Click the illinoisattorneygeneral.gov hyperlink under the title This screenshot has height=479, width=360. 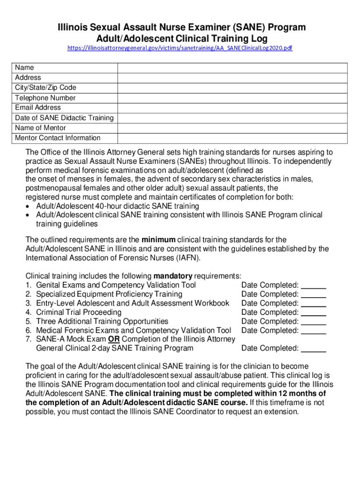[180, 48]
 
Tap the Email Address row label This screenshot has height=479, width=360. [38, 108]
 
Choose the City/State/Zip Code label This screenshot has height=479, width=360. [45, 87]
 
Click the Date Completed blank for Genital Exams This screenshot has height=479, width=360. [314, 285]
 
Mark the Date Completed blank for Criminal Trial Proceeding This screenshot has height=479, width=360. [314, 312]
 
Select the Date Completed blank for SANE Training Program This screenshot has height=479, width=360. [314, 348]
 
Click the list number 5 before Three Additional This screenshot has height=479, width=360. [29, 321]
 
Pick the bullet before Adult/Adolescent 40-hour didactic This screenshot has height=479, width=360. [29, 206]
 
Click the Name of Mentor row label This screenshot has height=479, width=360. [41, 128]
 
